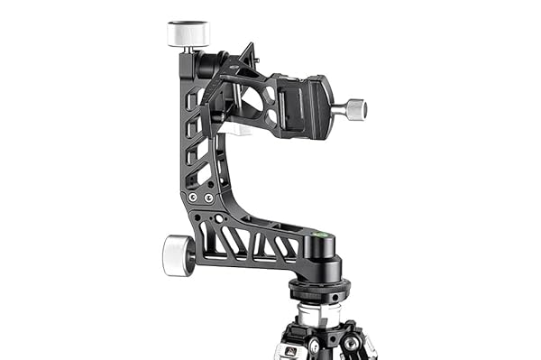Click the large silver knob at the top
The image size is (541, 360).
click(188, 33)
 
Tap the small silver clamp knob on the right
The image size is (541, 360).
click(354, 108)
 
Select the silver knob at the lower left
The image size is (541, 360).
click(178, 254)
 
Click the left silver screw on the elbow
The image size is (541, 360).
click(192, 197)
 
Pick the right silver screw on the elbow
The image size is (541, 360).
click(208, 197)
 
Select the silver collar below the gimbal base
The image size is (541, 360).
click(320, 312)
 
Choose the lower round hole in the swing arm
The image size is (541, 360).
click(249, 98)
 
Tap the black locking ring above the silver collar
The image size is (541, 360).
click(320, 291)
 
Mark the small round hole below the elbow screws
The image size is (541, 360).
click(216, 217)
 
